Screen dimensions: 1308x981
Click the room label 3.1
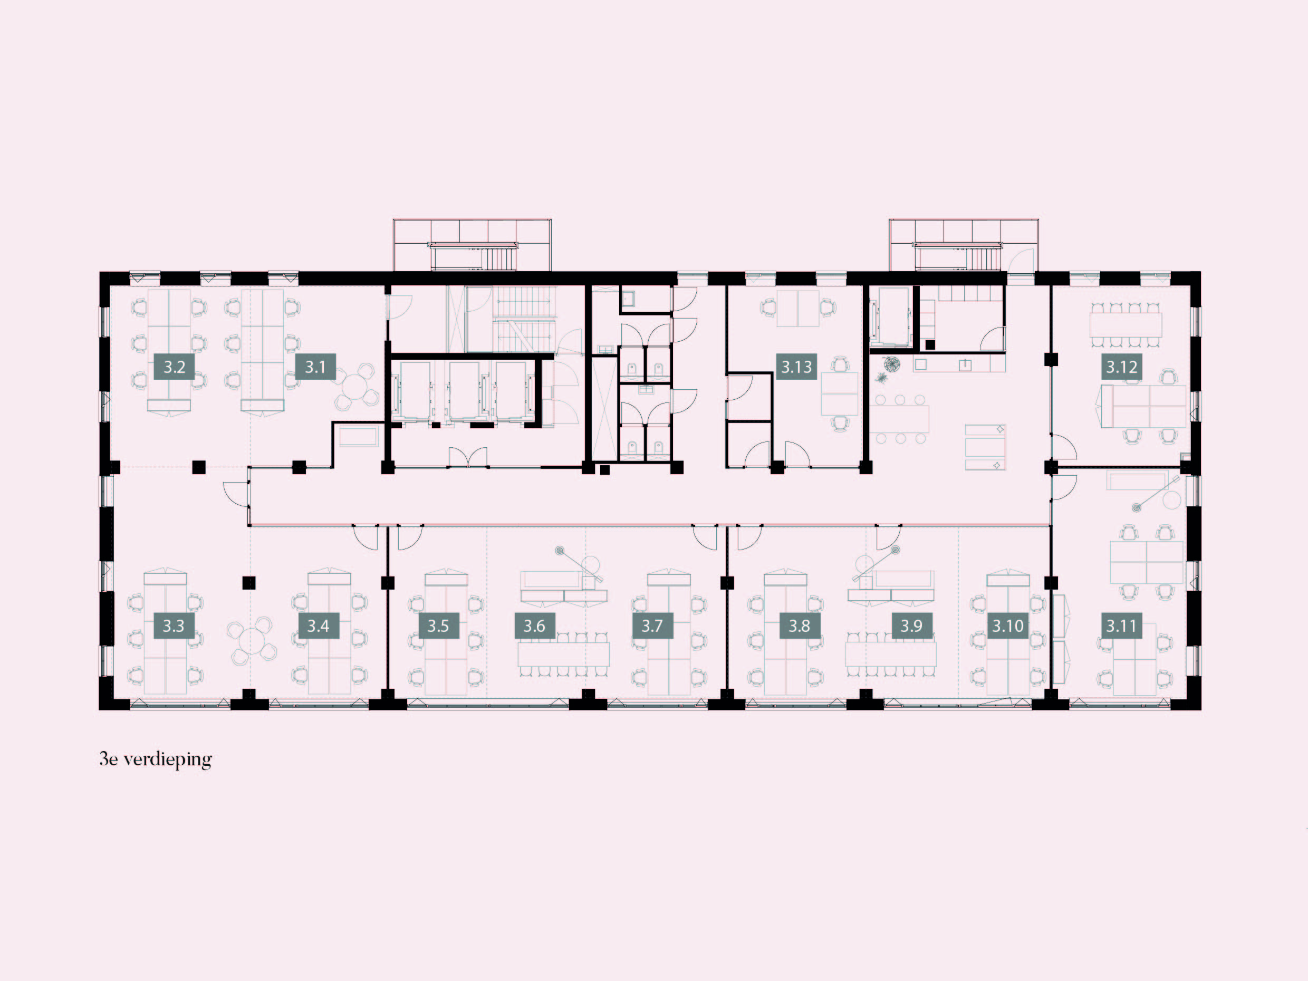(315, 367)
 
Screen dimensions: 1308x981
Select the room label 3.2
(175, 367)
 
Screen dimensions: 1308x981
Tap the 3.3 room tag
(174, 626)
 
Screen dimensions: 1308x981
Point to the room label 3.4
(318, 626)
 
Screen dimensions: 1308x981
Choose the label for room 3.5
(438, 626)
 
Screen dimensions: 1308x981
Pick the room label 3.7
(652, 626)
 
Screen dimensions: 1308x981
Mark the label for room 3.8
(800, 626)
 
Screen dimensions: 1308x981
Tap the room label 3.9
(911, 626)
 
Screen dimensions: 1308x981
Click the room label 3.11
(1121, 626)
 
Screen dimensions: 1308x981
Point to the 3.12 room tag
(1122, 367)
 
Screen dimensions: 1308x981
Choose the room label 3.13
(796, 367)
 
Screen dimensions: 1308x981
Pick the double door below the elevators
(468, 458)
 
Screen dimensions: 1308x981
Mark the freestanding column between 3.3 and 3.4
(249, 582)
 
